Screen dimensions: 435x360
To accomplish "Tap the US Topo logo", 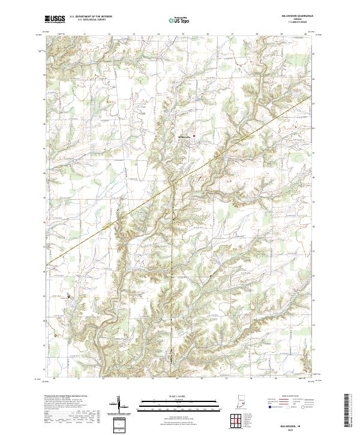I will click(179, 20).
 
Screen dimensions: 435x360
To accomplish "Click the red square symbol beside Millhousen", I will click(194, 135).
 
